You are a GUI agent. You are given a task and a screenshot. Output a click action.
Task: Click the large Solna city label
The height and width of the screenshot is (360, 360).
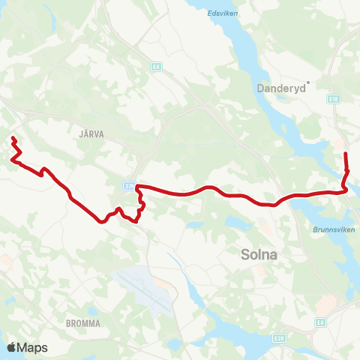click(x=259, y=254)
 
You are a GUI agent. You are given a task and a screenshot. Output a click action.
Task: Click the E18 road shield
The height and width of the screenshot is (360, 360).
click(x=334, y=97)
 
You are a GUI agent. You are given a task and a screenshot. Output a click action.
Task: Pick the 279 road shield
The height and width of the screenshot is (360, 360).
click(x=129, y=185)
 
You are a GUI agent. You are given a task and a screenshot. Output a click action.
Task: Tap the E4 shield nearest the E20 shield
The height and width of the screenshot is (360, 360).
click(x=321, y=322)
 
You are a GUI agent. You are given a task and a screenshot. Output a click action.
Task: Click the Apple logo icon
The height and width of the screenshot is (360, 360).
click(x=11, y=348)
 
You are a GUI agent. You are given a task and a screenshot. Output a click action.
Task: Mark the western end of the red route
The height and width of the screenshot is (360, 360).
click(x=13, y=137)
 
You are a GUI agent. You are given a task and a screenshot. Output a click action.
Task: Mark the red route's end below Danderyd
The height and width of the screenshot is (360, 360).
click(x=346, y=154)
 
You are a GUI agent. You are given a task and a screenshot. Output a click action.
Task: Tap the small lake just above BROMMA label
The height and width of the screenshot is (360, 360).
click(x=91, y=310)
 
